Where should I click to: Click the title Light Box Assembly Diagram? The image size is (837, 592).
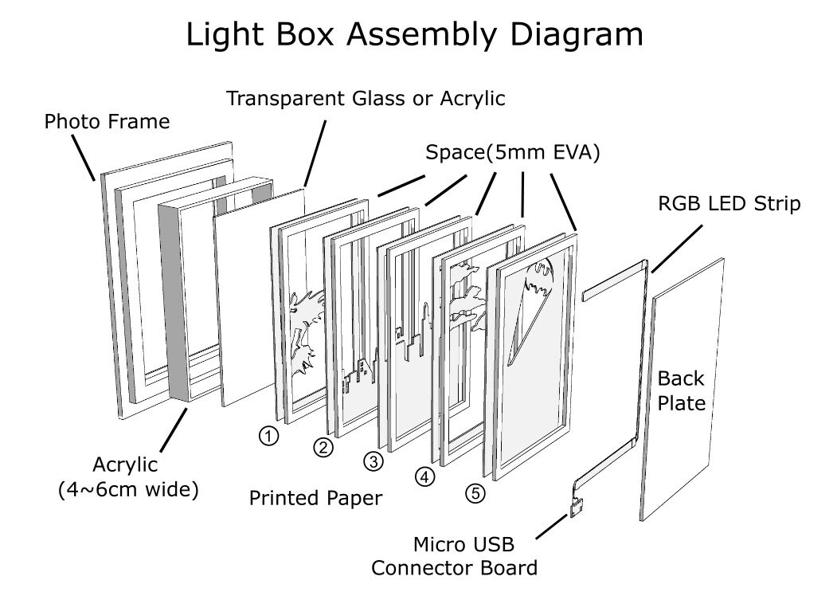pyautogui.click(x=414, y=35)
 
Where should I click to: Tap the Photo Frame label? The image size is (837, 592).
pyautogui.click(x=107, y=122)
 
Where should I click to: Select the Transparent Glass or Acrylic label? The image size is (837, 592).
pyautogui.click(x=366, y=99)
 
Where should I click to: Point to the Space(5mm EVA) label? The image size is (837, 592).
pyautogui.click(x=512, y=153)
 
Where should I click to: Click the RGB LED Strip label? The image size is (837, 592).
pyautogui.click(x=729, y=203)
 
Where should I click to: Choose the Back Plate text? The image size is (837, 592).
pyautogui.click(x=681, y=390)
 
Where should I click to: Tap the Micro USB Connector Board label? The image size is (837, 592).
pyautogui.click(x=454, y=556)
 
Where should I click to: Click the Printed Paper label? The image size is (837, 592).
pyautogui.click(x=315, y=499)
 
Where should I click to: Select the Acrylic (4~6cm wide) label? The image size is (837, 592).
pyautogui.click(x=128, y=477)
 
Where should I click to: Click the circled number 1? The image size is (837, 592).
pyautogui.click(x=268, y=436)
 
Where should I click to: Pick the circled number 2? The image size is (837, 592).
pyautogui.click(x=323, y=447)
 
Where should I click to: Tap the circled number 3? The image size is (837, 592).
pyautogui.click(x=374, y=461)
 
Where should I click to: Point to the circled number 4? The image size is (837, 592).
pyautogui.click(x=425, y=476)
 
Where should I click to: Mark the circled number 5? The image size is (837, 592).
pyautogui.click(x=475, y=493)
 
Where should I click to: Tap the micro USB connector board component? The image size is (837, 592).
pyautogui.click(x=576, y=507)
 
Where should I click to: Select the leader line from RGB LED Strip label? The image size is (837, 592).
pyautogui.click(x=677, y=249)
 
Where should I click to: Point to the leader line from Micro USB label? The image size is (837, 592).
pyautogui.click(x=551, y=527)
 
